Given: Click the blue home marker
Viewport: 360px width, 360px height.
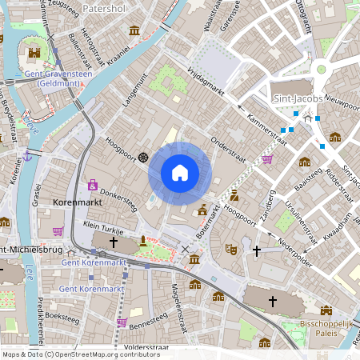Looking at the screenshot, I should click(x=180, y=172).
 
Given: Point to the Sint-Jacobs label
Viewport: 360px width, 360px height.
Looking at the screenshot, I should click(x=298, y=99).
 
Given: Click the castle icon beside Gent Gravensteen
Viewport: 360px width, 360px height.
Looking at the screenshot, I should click(x=34, y=54).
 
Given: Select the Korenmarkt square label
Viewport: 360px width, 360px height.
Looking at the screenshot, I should click(x=74, y=204).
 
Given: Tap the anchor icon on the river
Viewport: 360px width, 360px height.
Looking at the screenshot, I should click(x=28, y=154).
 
